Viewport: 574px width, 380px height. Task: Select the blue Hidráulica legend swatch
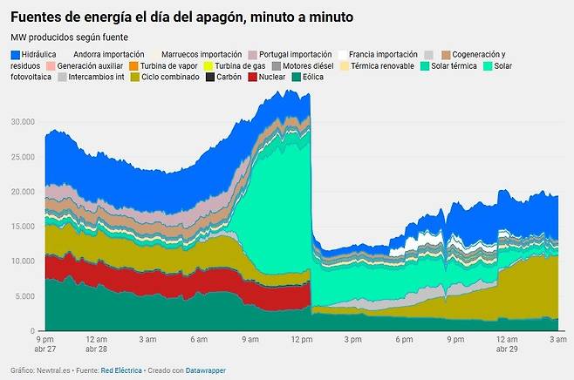coord(16,54)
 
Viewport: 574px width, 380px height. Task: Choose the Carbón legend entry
coord(223,77)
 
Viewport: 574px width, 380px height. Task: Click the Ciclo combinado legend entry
coord(165,77)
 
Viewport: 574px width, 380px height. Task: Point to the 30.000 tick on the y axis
coord(25,121)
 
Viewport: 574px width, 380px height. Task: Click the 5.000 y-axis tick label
coord(27,296)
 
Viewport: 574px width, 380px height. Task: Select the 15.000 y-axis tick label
coord(25,226)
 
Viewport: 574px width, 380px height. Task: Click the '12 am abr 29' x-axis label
coord(506,343)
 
